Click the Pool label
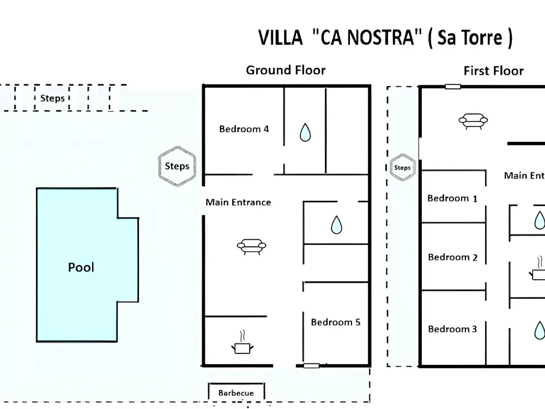(x=81, y=267)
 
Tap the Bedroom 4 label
(x=244, y=129)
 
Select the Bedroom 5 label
(x=335, y=322)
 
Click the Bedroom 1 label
(x=452, y=199)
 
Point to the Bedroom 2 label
(x=452, y=257)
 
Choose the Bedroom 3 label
(x=452, y=329)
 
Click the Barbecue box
(x=237, y=391)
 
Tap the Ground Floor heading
(x=286, y=70)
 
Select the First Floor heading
(x=494, y=70)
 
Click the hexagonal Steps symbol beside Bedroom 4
(x=177, y=166)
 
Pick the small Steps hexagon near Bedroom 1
(x=403, y=167)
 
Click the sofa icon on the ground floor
(x=251, y=246)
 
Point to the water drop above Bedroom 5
(x=336, y=225)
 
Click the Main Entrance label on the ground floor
(x=238, y=202)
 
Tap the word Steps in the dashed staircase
(x=52, y=98)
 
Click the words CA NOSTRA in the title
(x=367, y=37)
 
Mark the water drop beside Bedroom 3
(x=539, y=330)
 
